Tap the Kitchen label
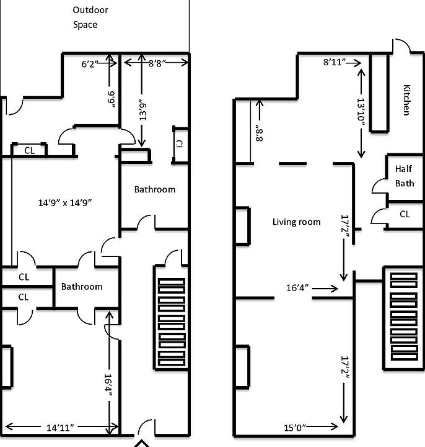pos(406,99)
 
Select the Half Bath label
pos(404,176)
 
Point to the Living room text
pos(296,222)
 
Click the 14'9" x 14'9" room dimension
pos(66,202)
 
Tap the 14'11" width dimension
pos(61,428)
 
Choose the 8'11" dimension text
pos(333,63)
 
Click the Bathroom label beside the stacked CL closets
pos(81,287)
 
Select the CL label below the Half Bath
pos(404,214)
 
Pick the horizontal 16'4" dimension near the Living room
pos(299,288)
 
